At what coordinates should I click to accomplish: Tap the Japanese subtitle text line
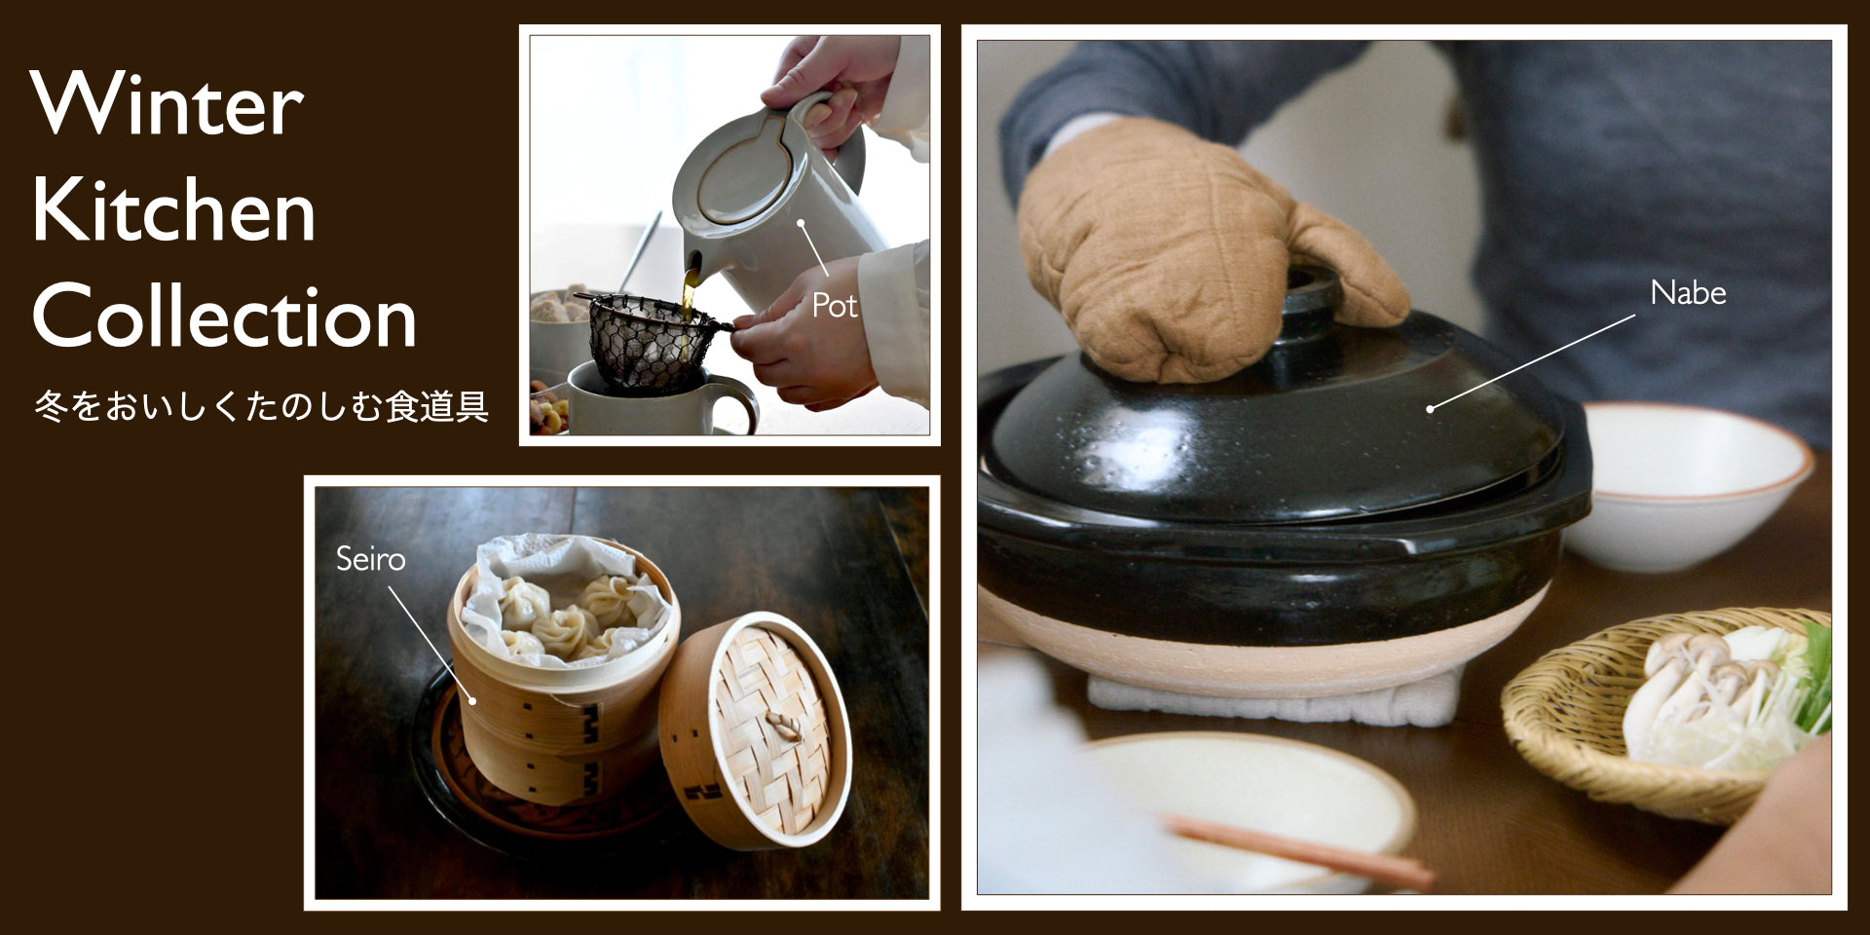point(261,406)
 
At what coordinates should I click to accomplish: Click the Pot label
point(835,306)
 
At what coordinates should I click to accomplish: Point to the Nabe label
point(1688,293)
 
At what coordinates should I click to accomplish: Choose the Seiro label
point(370,559)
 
